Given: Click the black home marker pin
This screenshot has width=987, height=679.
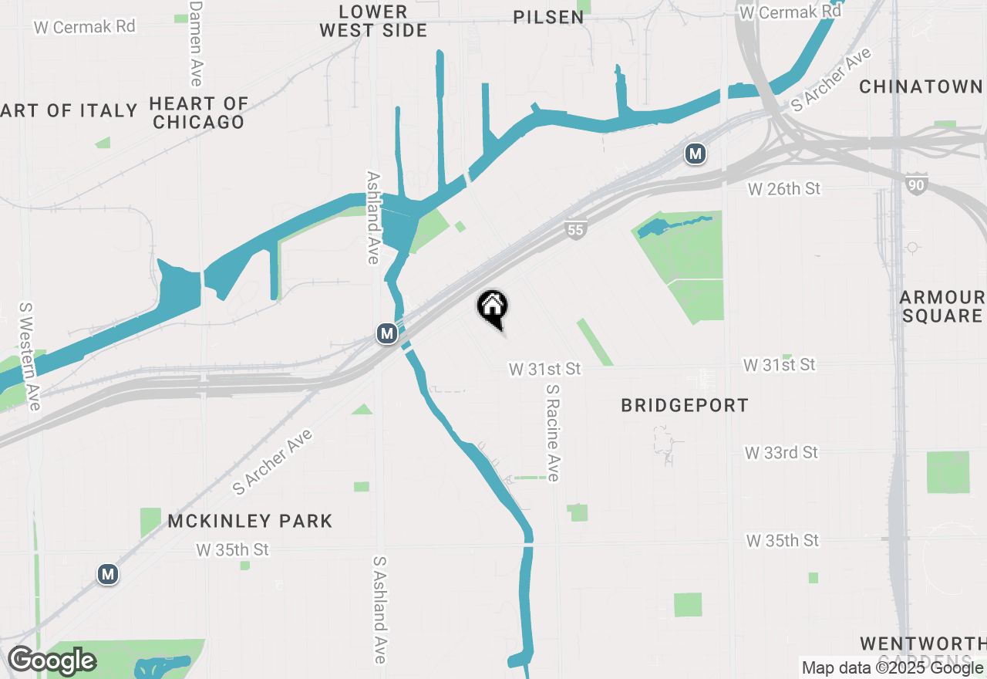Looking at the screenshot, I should tap(492, 308).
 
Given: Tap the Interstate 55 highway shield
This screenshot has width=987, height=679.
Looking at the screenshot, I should tap(575, 229).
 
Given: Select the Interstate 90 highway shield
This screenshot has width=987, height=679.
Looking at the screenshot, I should tap(916, 185).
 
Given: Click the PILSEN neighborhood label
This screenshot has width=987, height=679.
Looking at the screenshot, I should tap(549, 17).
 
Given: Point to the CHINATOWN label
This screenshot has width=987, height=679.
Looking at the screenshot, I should tap(921, 86).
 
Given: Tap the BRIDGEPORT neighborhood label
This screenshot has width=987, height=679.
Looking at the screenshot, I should tap(685, 405).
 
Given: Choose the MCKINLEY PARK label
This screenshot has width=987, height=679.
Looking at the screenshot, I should tap(250, 521).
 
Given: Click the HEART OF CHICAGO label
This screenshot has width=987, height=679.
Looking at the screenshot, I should tap(199, 113).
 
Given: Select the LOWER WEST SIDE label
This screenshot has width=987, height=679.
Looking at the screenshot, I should tap(373, 22).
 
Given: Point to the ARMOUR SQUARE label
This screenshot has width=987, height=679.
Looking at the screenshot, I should tap(942, 306).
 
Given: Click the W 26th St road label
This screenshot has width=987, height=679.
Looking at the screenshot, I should tap(784, 189).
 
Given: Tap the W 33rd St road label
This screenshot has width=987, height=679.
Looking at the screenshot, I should tap(781, 453).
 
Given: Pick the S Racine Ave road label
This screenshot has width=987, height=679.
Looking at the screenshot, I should tap(552, 433).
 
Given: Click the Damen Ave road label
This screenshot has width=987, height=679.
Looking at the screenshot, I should tap(196, 43).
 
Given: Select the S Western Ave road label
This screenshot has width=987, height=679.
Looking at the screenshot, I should tap(29, 356).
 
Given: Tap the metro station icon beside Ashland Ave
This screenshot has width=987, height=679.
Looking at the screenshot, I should tap(387, 334).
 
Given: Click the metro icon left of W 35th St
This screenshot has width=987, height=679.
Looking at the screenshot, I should tap(108, 574).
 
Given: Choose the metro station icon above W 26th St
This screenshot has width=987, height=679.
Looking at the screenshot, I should tap(696, 154).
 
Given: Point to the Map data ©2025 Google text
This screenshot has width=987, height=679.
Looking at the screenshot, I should tap(892, 668).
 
